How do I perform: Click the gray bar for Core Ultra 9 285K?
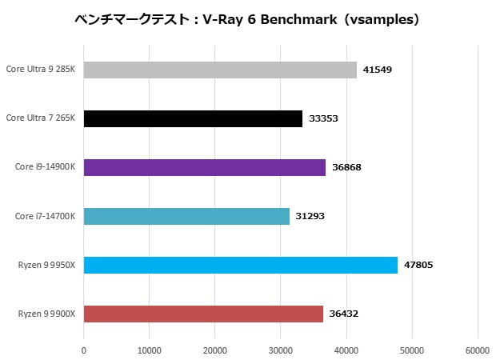[x=220, y=70]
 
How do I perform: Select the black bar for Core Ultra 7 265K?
[x=193, y=118]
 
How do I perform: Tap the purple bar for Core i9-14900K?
[x=204, y=167]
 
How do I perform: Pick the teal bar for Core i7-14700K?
[x=186, y=216]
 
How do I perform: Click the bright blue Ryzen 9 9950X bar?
[x=240, y=265]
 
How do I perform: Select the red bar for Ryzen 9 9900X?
[x=203, y=314]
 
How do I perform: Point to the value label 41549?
[x=377, y=70]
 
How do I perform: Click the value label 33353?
[x=323, y=118]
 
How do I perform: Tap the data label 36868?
[x=346, y=167]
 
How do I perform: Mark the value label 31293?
[x=310, y=216]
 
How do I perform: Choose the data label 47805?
[x=418, y=265]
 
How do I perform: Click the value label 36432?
[x=343, y=314]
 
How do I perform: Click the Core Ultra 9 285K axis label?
[x=40, y=70]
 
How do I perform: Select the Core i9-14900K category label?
[x=45, y=167]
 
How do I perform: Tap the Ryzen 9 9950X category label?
[x=46, y=265]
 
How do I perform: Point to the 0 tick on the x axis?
[x=83, y=350]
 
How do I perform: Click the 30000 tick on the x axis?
[x=281, y=350]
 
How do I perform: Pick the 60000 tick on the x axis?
[x=478, y=350]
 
